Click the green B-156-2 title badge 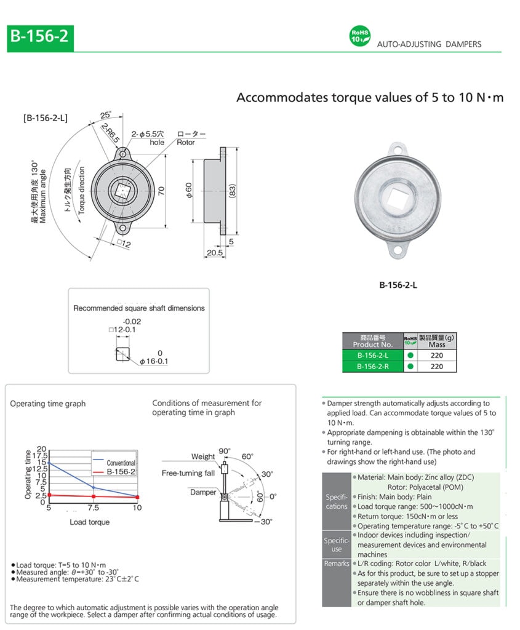pos(39,38)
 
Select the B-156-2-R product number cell pos(372,366)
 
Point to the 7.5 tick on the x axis pos(93,508)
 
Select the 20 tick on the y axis pos(42,449)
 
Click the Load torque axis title pos(90,522)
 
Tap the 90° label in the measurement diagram pos(225,451)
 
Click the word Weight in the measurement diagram pos(203,457)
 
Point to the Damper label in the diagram pos(203,492)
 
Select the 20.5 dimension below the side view pos(215,253)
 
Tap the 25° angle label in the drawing pos(106,116)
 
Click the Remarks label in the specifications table pos(337,563)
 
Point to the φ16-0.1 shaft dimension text pos(153,361)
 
